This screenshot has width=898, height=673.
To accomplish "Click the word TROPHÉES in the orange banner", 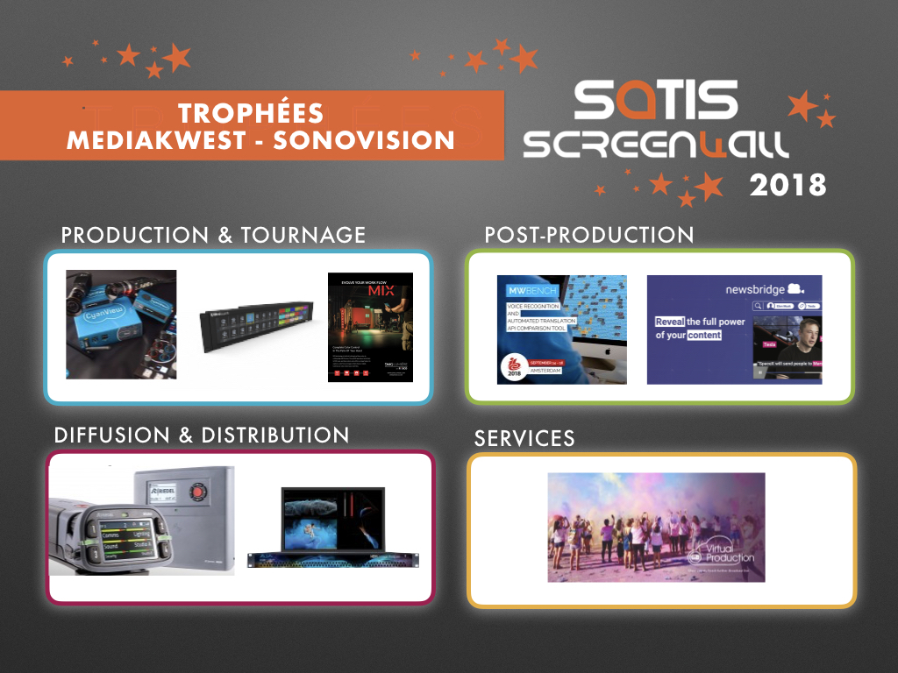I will tap(250, 113).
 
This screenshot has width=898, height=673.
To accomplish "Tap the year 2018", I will tap(787, 185).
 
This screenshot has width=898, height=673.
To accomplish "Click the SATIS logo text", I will tap(655, 102).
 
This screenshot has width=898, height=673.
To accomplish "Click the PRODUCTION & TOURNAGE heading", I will tap(213, 235).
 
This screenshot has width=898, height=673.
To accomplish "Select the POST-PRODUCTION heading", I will tap(588, 235).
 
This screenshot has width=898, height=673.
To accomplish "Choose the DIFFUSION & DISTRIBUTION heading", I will tap(202, 435).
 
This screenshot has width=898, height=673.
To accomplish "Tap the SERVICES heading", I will tap(524, 438).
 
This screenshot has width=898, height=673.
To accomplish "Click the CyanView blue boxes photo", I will tap(121, 324).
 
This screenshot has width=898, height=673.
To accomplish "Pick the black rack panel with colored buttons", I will tap(253, 327).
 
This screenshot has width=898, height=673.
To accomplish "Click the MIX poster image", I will tap(370, 327).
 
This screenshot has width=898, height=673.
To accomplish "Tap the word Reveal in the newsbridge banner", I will tap(669, 321).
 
